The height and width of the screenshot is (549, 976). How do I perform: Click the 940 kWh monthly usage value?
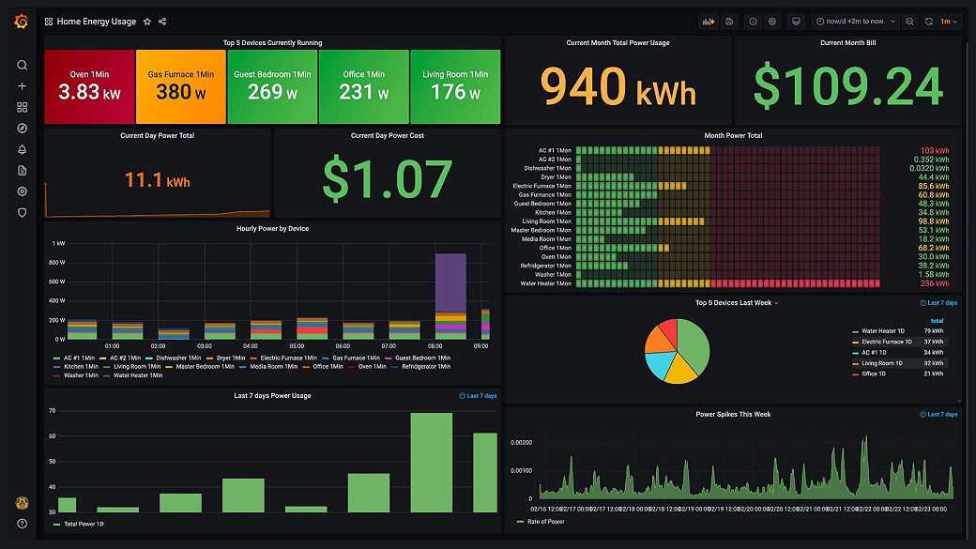(618, 87)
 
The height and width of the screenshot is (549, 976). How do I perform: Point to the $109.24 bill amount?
(847, 87)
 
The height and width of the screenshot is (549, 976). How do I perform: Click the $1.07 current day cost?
(387, 178)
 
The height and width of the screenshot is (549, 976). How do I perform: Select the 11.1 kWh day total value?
(157, 179)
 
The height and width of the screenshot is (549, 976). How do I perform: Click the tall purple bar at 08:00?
(450, 282)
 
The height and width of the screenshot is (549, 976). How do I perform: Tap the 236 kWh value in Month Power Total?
(934, 283)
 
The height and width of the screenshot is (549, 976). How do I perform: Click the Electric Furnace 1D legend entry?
(886, 342)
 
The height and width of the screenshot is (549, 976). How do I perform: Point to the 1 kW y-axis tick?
(59, 243)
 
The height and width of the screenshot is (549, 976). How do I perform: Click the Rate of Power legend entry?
(545, 521)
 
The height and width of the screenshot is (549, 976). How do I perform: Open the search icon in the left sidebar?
(22, 65)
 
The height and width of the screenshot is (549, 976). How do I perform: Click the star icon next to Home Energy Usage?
(147, 21)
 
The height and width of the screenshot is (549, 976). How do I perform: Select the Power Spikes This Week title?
(733, 414)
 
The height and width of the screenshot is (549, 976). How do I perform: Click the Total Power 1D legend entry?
(84, 524)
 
